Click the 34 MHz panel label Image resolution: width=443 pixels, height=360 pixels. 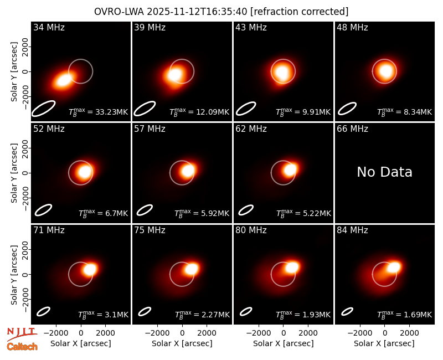click(x=49, y=27)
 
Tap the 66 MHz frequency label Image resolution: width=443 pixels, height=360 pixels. click(x=352, y=129)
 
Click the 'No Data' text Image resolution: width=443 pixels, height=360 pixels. click(x=384, y=172)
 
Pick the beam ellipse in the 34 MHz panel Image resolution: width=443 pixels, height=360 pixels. click(x=43, y=108)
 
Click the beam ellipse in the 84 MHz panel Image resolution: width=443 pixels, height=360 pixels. click(x=347, y=311)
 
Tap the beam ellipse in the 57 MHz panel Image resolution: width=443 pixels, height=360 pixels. click(x=145, y=210)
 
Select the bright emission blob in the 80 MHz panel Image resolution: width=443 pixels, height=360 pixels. click(x=292, y=267)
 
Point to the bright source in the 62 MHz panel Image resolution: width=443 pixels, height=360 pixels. click(x=290, y=170)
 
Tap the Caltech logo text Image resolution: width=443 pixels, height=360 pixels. click(x=22, y=347)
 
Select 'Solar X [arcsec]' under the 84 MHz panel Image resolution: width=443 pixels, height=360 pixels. click(x=384, y=343)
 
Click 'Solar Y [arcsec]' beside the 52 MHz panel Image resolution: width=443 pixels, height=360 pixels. click(x=14, y=173)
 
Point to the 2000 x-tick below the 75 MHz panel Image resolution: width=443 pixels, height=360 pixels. click(x=207, y=333)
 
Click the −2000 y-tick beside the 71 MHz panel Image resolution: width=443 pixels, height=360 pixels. click(x=25, y=300)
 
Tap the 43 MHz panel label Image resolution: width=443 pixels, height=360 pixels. click(x=251, y=27)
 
